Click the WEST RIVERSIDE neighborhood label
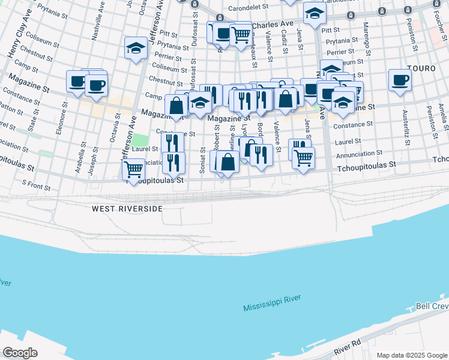[x=127, y=209]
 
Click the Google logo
[x=20, y=352]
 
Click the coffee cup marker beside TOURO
[x=400, y=80]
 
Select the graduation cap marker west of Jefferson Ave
[x=136, y=47]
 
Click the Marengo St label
[x=364, y=37]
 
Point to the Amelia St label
[x=443, y=118]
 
